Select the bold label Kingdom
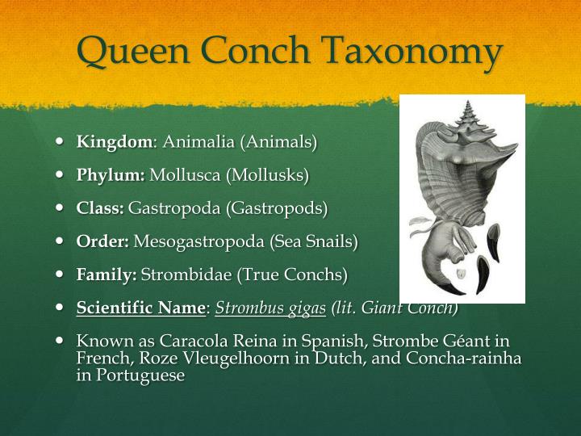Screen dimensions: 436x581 click(114, 142)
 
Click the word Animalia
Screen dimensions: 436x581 click(199, 142)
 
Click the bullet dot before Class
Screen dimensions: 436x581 click(61, 207)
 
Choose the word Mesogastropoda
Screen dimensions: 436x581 click(199, 241)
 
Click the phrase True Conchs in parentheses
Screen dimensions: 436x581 click(303, 275)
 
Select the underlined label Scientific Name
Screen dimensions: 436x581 click(141, 308)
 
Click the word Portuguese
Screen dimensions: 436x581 click(139, 375)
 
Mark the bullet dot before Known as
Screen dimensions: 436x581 click(61, 340)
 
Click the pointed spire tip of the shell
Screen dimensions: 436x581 click(469, 101)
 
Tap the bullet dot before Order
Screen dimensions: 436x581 click(61, 240)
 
